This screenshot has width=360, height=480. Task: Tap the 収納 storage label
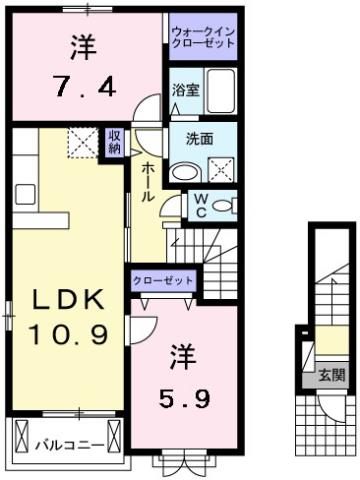(115, 139)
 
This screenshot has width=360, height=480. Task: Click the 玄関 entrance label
(331, 375)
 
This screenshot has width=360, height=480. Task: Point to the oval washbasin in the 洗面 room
(182, 171)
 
